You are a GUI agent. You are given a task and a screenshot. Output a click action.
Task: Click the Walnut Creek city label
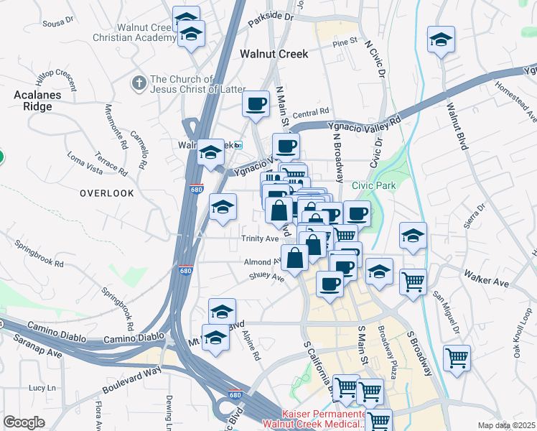tap(274, 54)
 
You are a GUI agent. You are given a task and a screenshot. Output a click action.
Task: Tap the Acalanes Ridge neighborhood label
tap(33, 101)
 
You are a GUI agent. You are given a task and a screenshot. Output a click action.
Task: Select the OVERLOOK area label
tap(107, 193)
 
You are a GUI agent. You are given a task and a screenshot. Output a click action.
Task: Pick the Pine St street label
tap(345, 42)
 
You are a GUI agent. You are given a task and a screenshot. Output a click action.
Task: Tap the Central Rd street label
tap(310, 113)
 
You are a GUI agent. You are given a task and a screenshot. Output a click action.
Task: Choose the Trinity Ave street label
tap(260, 238)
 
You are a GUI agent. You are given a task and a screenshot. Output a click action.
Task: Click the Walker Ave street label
tap(486, 279)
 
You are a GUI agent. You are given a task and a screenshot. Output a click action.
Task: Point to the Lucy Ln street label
tap(37, 387)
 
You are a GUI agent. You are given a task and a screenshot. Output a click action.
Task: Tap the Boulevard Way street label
tap(131, 379)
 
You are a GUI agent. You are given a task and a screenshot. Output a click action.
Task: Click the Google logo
tap(24, 422)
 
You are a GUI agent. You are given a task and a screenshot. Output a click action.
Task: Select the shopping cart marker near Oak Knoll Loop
tap(457, 356)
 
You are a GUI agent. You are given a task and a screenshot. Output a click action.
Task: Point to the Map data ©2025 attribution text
tap(505, 425)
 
